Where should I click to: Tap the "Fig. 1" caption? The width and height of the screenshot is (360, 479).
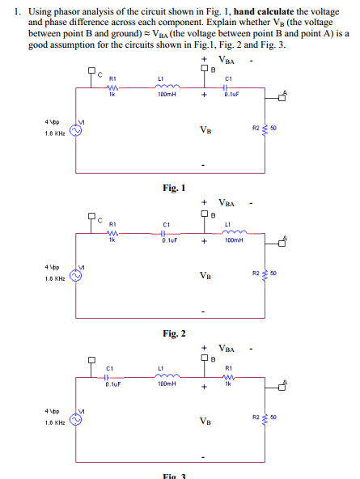[x=176, y=188]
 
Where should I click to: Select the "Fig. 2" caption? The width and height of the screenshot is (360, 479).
[x=176, y=333]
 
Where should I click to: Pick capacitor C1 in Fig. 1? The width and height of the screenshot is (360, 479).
[x=227, y=89]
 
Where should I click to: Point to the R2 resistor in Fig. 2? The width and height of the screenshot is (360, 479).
[x=262, y=273]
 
